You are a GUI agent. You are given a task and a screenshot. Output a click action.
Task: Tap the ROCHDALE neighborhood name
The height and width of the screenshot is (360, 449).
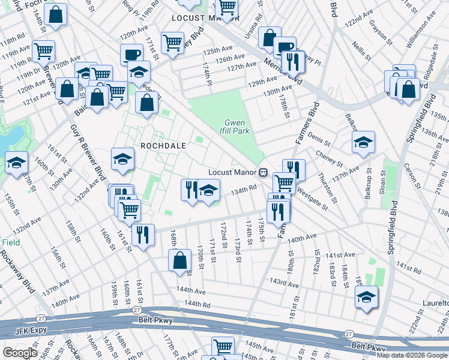coord(162,146)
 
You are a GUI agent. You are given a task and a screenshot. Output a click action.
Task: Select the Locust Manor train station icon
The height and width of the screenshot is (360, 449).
coord(263,172)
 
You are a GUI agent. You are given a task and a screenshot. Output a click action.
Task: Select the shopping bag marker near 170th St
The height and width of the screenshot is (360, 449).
coord(179,262)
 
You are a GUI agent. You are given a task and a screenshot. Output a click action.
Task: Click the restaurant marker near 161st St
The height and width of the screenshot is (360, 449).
coord(143,235)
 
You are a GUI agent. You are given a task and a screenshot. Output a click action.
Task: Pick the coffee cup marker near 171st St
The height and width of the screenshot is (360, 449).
coord(131,55)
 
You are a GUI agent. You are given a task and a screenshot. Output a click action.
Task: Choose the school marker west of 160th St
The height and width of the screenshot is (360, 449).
coord(16,163)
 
